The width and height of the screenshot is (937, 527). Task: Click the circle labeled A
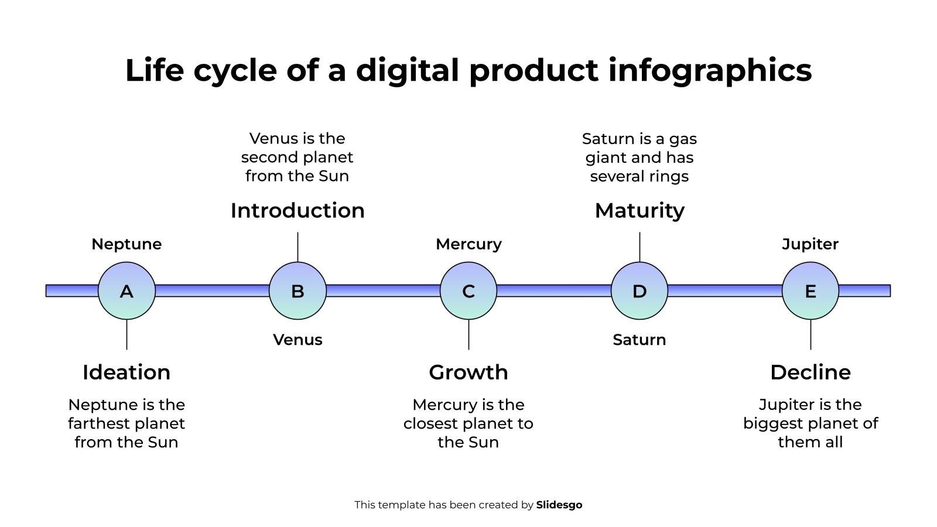pos(126,290)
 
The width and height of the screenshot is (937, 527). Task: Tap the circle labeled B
pos(297,290)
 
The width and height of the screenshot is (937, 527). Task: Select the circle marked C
pos(468,290)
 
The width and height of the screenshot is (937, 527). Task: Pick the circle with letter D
pos(639,290)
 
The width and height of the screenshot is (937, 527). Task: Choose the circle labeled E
pos(811,290)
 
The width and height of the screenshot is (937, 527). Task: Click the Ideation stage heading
pos(126,372)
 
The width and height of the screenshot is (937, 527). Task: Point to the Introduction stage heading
pos(297,210)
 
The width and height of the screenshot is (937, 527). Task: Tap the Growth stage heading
pos(468,372)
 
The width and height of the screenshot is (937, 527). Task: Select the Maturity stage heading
pos(640,211)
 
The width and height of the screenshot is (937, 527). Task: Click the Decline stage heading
pos(811,372)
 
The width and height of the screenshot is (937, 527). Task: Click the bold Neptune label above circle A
pos(126,244)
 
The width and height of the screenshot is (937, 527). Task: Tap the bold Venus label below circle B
pos(297,340)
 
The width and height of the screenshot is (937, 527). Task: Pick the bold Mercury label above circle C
pos(468,244)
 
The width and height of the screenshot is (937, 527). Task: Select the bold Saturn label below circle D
pos(639,340)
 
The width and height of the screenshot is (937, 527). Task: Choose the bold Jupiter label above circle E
pos(811,244)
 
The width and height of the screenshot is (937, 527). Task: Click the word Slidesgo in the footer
pos(559,505)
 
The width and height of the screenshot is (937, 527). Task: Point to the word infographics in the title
pos(710,70)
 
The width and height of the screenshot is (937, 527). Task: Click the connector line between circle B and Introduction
pos(297,247)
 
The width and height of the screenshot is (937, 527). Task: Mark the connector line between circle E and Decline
pos(811,334)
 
